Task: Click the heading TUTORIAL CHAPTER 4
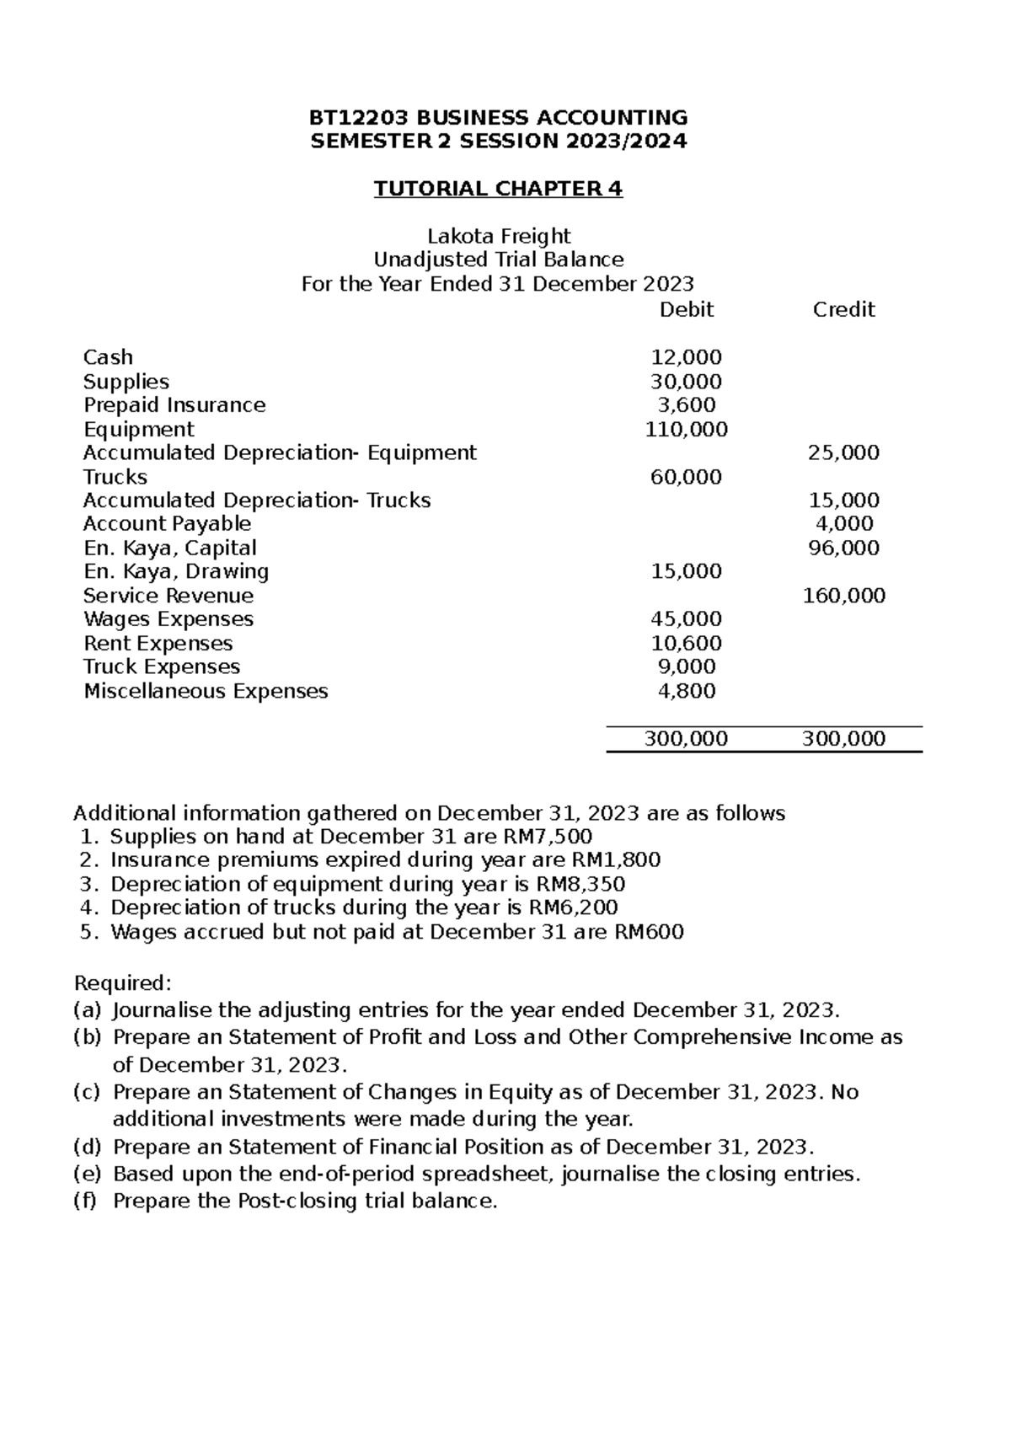498,189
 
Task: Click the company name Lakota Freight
499,236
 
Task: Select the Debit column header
686,310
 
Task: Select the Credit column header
843,310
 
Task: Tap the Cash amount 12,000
686,357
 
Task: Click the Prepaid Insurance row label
174,405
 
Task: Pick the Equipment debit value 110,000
686,430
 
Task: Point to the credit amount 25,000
843,453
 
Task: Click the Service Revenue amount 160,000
843,597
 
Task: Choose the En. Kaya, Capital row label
170,549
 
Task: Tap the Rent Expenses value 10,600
686,644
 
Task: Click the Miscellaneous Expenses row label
206,692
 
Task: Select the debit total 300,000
686,740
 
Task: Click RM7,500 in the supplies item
556,837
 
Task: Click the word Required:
123,983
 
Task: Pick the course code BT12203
361,117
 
